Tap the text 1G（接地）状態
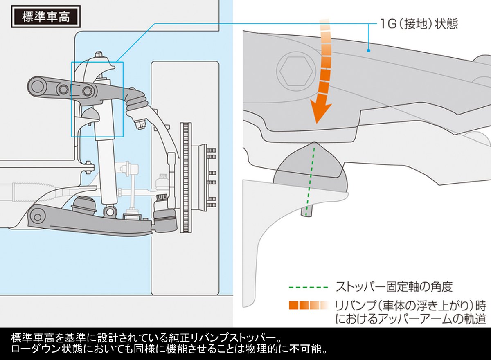(x=417, y=23)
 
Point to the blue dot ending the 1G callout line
(x=368, y=50)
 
